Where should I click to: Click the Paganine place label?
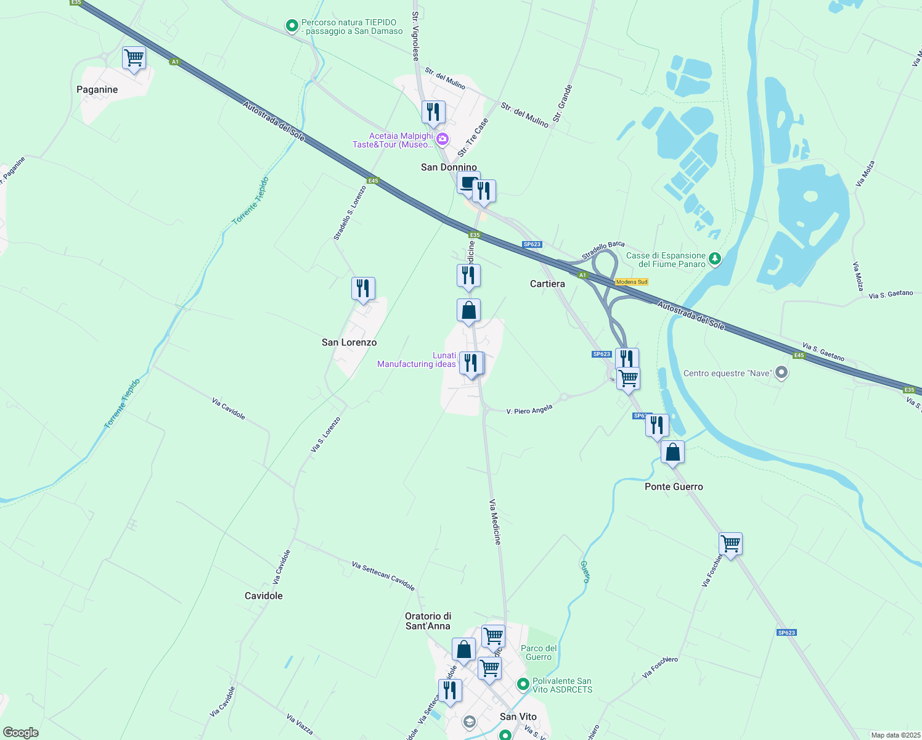[x=97, y=89]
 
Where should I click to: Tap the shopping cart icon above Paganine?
[x=134, y=59]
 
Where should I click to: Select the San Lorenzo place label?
[x=349, y=342]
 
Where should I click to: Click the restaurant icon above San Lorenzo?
[x=363, y=289]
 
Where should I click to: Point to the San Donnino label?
[x=449, y=167]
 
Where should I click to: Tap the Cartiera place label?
[x=547, y=284]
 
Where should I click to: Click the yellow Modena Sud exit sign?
[x=632, y=282]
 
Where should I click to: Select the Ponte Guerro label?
[x=674, y=487]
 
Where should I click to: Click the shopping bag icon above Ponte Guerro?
[x=672, y=453]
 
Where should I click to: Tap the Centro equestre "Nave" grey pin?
[x=781, y=373]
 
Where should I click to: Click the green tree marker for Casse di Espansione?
[x=715, y=258]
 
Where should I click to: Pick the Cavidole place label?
[x=264, y=596]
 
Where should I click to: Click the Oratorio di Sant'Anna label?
[x=428, y=621]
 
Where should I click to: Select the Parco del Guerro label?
[x=539, y=652]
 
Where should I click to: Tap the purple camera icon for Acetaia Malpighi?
[x=442, y=140]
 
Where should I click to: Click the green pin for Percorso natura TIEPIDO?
[x=292, y=26]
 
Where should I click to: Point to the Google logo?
[x=21, y=733]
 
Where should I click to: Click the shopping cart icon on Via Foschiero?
[x=730, y=545]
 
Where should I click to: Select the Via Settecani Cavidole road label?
[x=383, y=576]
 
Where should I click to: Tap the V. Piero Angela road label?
[x=529, y=409]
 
